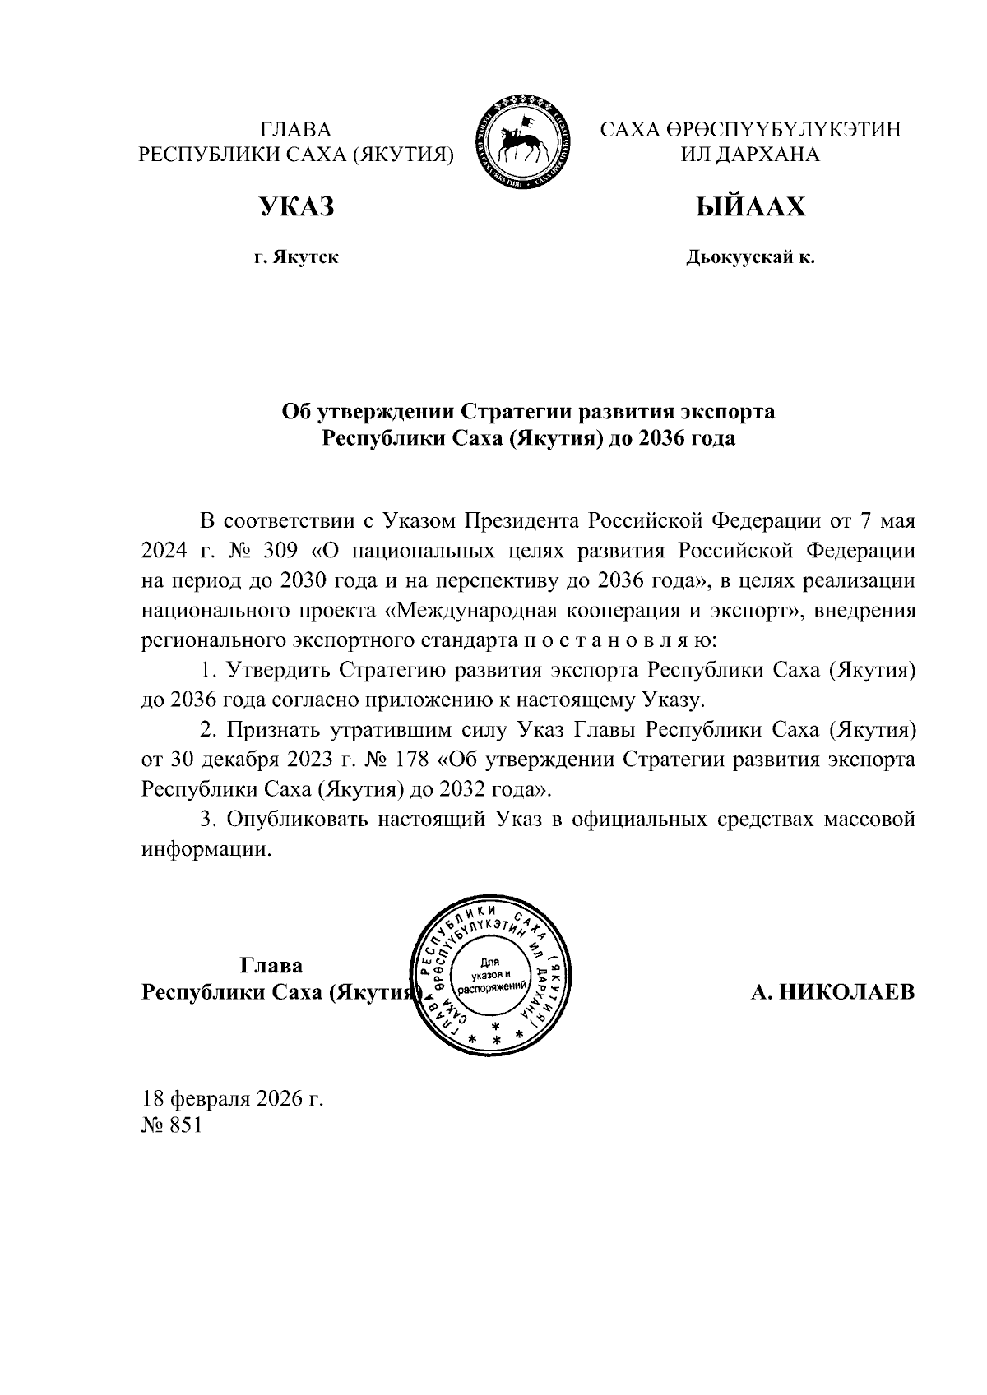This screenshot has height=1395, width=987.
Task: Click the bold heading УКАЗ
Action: (x=296, y=207)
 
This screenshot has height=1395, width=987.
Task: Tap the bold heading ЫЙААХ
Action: (x=750, y=207)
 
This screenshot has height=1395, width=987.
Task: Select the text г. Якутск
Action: (x=296, y=259)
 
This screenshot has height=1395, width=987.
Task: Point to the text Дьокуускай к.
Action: (x=750, y=259)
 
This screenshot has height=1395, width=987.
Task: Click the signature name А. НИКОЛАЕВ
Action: (x=832, y=991)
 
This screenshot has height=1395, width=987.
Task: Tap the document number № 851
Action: (x=172, y=1126)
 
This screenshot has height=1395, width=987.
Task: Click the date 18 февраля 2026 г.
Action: (x=233, y=1098)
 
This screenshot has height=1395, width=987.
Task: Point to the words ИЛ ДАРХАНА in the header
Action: (x=750, y=155)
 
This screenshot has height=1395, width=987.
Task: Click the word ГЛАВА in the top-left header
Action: (x=295, y=129)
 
